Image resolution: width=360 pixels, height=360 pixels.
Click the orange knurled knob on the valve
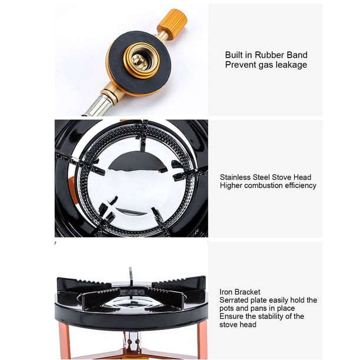tap(176, 20)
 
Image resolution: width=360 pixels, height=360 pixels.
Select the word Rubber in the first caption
tap(270, 55)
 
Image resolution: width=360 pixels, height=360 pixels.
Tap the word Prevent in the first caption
tap(240, 65)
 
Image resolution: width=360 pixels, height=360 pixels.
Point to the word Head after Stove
tap(302, 177)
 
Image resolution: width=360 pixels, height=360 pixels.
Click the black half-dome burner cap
tap(138, 162)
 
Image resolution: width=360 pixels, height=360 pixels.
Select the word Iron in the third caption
tap(225, 292)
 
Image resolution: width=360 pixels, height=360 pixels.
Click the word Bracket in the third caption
tap(246, 292)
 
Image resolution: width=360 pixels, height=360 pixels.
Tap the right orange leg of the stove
tap(202, 340)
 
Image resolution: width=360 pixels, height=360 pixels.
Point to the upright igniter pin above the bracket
tap(131, 276)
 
